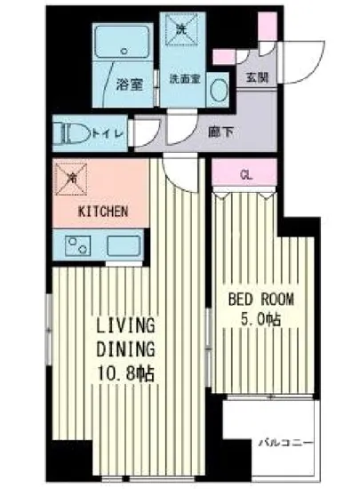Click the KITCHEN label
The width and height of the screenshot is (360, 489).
[105, 212]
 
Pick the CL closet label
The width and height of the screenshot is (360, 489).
[246, 175]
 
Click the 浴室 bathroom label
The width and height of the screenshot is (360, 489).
[128, 85]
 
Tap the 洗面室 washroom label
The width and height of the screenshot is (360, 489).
[183, 78]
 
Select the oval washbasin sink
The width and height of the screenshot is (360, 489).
[223, 86]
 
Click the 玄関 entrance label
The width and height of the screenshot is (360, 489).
[258, 76]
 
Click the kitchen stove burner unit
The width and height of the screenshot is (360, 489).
[70, 244]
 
